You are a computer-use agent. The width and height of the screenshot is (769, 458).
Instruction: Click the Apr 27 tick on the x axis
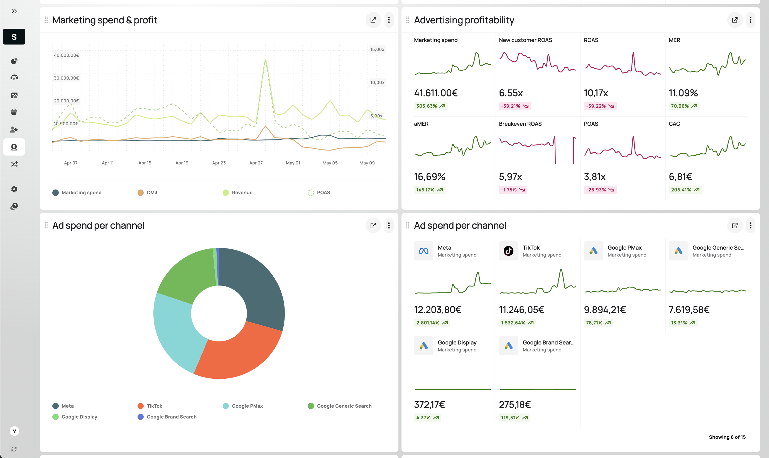pos(256,163)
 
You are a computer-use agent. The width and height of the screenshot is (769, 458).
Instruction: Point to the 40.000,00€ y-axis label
pos(66,55)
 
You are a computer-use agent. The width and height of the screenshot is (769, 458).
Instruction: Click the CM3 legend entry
pos(147,193)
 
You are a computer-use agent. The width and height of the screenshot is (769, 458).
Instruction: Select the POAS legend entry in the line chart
pos(319,193)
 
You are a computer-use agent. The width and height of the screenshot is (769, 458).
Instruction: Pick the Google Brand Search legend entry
pos(167,417)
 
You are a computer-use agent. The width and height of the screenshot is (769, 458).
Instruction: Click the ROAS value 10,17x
pos(596,93)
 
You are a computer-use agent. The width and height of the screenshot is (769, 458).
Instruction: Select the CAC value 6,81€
pos(680,177)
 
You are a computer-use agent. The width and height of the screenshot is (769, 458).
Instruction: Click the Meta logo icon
pos(423,251)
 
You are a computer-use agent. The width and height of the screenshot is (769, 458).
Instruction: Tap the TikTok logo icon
pos(508,251)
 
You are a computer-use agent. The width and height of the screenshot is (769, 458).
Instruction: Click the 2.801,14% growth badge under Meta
pos(432,323)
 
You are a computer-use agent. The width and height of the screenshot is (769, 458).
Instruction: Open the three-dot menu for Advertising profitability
pos(750,20)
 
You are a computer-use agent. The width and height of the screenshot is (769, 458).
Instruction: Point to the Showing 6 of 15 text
pos(727,437)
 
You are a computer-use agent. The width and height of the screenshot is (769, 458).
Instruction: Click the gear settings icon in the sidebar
pos(14,189)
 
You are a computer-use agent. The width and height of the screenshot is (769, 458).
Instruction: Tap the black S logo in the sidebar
pos(14,37)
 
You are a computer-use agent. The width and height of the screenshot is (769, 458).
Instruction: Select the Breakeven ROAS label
pos(520,124)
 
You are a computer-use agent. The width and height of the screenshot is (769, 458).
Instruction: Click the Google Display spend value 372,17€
pos(429,405)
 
